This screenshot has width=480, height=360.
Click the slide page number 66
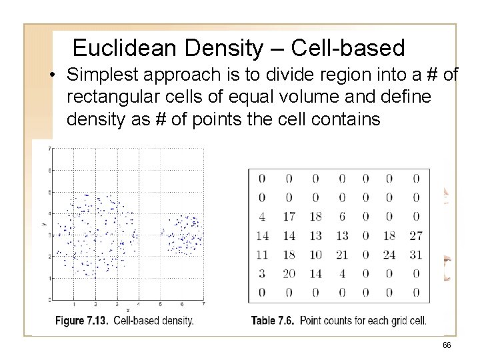(x=446, y=345)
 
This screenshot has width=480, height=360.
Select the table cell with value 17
(x=289, y=216)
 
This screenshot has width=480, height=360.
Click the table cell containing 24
(x=390, y=254)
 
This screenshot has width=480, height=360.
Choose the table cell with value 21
(x=341, y=254)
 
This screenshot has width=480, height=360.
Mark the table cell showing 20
(x=289, y=273)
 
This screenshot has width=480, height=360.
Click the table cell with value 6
(x=341, y=216)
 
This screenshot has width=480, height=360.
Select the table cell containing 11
(x=262, y=254)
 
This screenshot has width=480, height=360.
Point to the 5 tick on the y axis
(x=51, y=192)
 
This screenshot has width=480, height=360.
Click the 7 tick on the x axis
(x=202, y=304)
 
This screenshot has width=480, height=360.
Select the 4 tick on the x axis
(x=139, y=304)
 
